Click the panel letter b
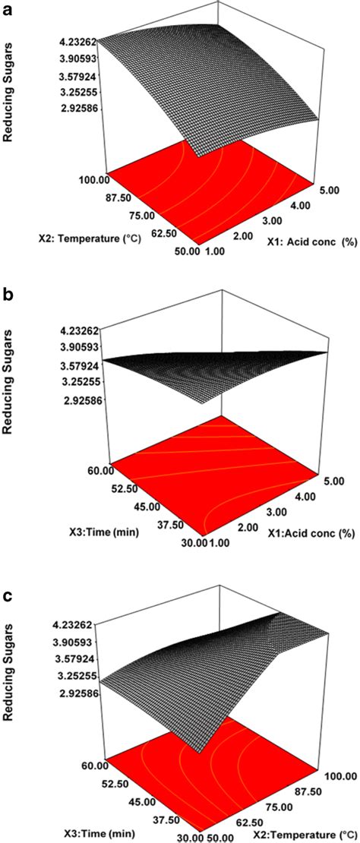(8, 292)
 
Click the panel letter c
(8, 573)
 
